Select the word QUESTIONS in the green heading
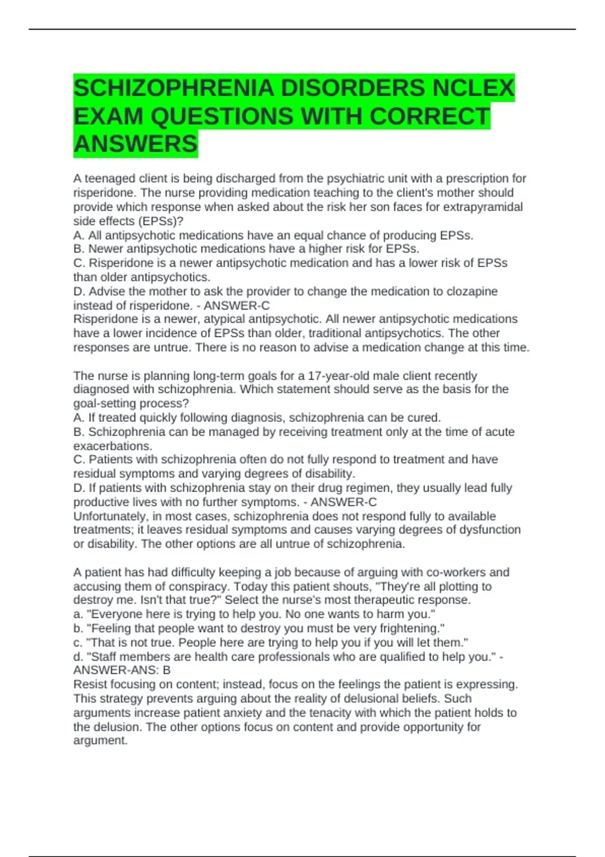(x=222, y=116)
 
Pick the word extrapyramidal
(x=482, y=207)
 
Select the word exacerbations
(x=112, y=446)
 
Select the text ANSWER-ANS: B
(x=122, y=670)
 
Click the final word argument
(x=100, y=741)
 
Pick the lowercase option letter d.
(x=77, y=656)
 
